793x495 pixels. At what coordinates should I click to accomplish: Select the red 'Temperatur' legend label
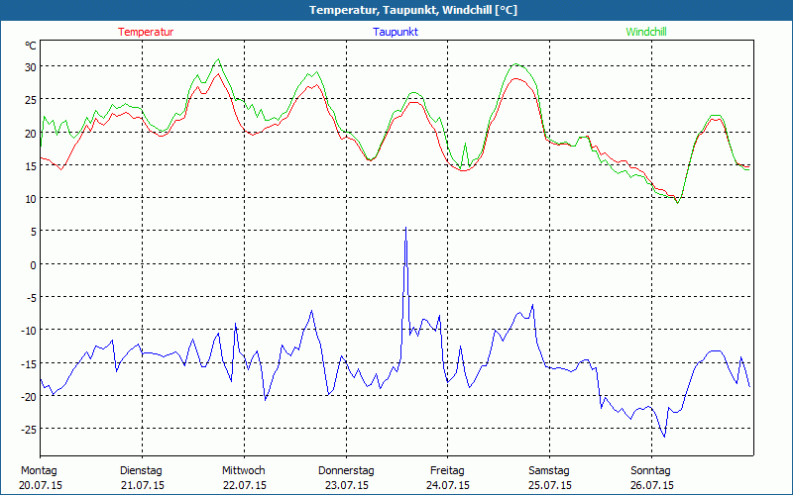(146, 32)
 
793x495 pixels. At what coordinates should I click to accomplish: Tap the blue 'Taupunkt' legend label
(396, 32)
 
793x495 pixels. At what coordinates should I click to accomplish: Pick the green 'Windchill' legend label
(645, 32)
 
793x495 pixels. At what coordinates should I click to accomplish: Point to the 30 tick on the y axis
(30, 67)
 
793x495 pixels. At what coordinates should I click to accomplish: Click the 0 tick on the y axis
(33, 264)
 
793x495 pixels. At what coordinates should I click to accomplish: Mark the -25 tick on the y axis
(29, 429)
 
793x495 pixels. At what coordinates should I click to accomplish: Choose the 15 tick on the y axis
(30, 165)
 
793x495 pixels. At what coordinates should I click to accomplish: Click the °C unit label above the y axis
(31, 46)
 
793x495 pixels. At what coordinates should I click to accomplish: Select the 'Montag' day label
(39, 470)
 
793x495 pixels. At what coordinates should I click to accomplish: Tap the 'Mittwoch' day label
(244, 470)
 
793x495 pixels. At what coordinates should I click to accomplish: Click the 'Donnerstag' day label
(346, 470)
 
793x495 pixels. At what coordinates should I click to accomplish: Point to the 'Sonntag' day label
(650, 470)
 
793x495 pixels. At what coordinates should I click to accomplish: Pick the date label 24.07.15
(448, 485)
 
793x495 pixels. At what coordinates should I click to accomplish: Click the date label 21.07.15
(141, 485)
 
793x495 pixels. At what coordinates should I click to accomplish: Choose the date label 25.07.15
(549, 485)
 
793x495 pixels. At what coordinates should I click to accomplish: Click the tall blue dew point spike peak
(405, 228)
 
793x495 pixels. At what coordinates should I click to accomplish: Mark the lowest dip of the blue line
(664, 437)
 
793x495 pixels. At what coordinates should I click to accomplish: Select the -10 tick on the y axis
(29, 331)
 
